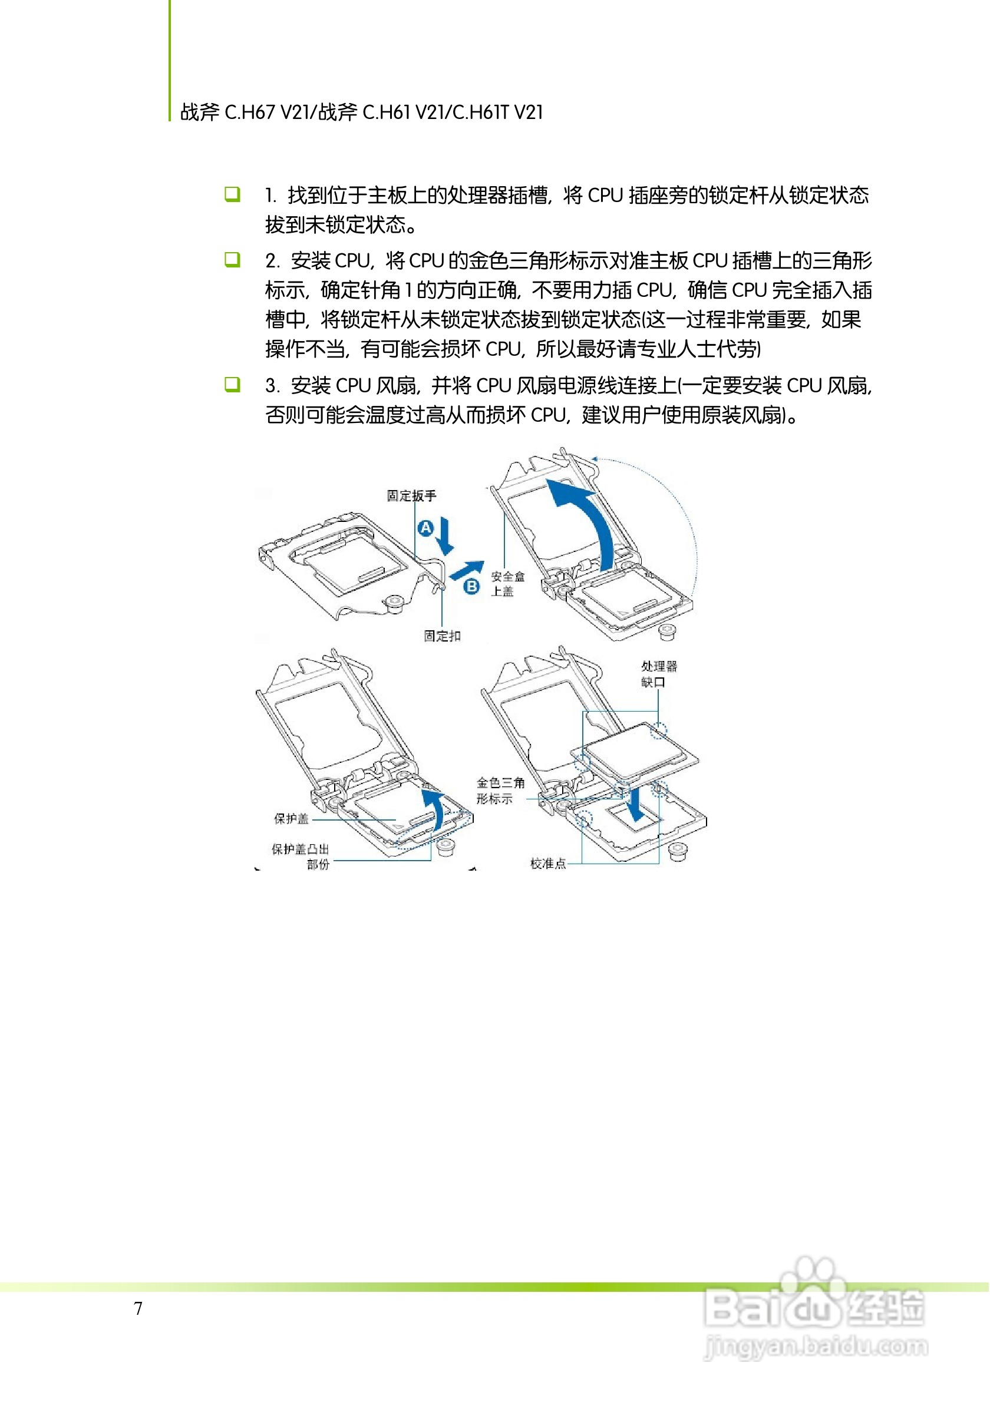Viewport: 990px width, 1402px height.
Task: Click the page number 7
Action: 138,1308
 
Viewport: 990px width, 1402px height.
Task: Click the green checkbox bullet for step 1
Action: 232,194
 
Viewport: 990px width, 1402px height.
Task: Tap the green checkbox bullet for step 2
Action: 232,260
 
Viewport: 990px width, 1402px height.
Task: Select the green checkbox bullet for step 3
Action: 232,384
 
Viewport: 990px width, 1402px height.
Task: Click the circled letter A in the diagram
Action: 425,528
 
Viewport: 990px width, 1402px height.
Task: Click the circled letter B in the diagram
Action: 471,587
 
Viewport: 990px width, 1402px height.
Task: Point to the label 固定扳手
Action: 412,495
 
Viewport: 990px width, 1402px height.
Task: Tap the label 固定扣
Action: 442,636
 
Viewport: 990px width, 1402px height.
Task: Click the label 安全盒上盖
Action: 507,583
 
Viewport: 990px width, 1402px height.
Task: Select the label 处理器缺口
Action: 658,673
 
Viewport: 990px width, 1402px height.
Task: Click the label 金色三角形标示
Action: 500,790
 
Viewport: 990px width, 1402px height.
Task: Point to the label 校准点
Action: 548,863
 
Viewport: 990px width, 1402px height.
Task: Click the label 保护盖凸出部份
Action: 301,855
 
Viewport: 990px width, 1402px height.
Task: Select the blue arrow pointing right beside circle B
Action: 467,570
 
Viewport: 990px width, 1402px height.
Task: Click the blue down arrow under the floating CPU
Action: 635,804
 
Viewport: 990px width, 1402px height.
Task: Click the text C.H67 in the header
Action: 250,113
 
